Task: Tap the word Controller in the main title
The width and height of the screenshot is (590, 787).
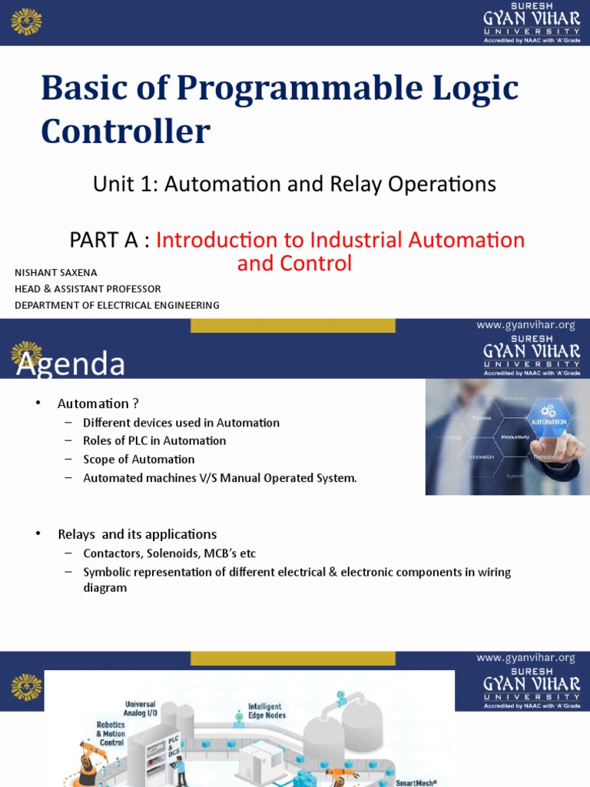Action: [x=125, y=131]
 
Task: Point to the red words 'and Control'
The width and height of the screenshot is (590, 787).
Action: [x=294, y=264]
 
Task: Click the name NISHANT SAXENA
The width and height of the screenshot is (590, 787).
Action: [x=56, y=273]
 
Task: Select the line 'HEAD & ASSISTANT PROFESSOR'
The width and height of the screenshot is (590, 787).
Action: [x=88, y=289]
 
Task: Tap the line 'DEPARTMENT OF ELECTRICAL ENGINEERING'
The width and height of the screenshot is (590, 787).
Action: [x=117, y=305]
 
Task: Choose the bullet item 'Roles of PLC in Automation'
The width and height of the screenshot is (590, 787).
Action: [x=154, y=441]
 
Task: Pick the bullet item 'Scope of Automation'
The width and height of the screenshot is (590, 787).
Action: [x=139, y=460]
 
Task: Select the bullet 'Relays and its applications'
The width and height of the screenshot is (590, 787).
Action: [x=137, y=534]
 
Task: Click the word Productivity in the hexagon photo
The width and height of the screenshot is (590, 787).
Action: [x=515, y=437]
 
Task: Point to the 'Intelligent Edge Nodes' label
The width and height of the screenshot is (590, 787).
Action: [x=266, y=711]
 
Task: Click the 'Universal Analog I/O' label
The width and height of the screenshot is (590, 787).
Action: [x=140, y=708]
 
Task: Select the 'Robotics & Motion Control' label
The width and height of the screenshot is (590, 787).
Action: [x=110, y=733]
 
